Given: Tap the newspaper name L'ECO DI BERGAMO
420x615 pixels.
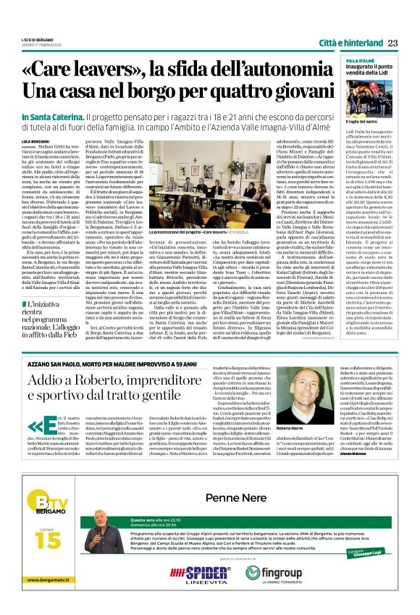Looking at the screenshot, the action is point(37,39).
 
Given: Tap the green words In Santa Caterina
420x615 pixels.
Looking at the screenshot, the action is point(52,117).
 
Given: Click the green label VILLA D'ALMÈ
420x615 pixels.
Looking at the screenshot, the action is point(357,60).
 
